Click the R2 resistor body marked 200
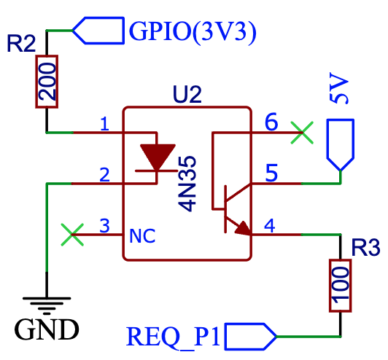[x=47, y=82]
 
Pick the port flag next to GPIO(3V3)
[x=98, y=31]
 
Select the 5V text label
[x=341, y=91]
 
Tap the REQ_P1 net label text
[x=175, y=337]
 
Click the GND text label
[x=47, y=330]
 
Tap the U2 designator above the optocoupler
[x=187, y=95]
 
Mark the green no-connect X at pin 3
[x=71, y=235]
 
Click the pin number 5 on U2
[x=271, y=173]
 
